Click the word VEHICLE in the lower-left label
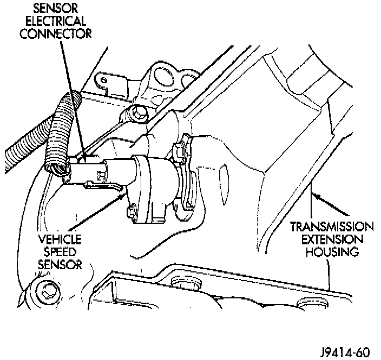tap(60, 239)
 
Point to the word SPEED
tap(60, 252)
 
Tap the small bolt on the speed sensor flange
tap(131, 212)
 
